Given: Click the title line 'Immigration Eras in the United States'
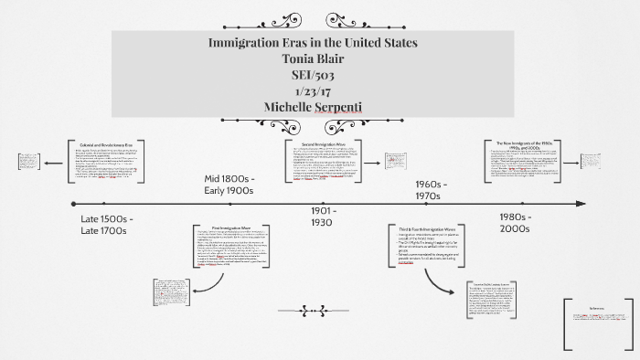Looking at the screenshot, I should point(314,44).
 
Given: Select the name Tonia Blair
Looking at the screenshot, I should point(313,59).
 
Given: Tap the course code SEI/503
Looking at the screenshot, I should point(313,75).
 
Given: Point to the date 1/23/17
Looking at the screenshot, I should point(313,91).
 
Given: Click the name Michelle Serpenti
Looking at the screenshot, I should point(313,107).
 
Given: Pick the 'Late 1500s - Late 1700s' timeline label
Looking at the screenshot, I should point(107,227).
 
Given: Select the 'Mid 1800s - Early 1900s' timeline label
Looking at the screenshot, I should point(229,185).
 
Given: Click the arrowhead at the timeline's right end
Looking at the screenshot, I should point(577,204).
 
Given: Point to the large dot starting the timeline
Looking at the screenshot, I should point(73,204).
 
